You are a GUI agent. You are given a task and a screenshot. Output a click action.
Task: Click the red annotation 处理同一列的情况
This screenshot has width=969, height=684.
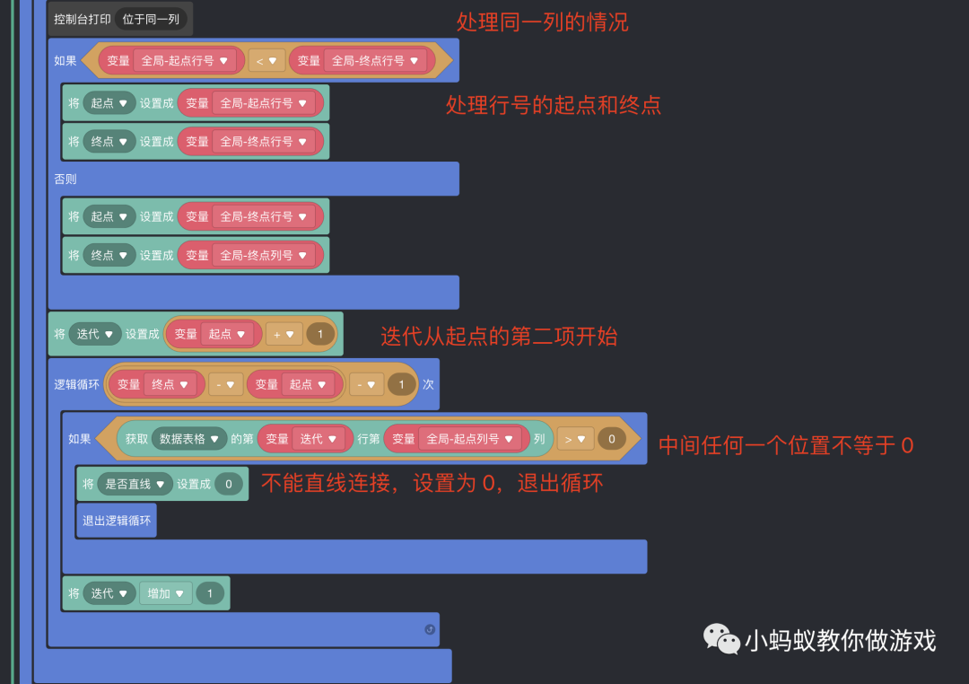point(542,22)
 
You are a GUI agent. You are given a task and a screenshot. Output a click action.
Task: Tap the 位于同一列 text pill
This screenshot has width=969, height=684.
point(151,19)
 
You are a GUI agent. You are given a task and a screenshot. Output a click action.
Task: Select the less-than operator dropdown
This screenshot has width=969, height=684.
point(266,61)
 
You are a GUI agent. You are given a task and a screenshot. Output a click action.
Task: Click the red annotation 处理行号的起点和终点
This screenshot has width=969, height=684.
point(553,105)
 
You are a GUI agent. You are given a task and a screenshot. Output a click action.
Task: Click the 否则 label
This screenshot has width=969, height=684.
point(65,179)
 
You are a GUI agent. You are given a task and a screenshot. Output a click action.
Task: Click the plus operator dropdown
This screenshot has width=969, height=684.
point(284,334)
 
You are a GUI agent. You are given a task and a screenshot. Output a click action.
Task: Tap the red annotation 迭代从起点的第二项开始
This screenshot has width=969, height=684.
point(499,337)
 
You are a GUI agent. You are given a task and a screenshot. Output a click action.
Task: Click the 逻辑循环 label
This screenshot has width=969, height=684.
point(76,384)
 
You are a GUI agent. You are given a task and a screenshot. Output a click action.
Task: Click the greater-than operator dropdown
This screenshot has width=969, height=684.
point(574,439)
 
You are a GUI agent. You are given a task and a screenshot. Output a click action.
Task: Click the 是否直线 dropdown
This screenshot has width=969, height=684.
point(135,484)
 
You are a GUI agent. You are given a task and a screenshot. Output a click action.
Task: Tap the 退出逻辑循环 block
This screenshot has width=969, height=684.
point(117,520)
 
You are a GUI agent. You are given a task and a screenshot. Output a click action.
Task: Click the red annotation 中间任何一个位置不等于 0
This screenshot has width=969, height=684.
point(785,445)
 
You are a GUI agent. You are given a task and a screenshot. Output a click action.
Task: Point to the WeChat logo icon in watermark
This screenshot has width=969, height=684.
point(721,638)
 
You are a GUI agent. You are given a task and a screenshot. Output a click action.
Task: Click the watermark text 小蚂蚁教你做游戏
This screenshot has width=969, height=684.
point(840,640)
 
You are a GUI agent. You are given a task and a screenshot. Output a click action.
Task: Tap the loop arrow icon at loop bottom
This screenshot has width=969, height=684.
point(430,629)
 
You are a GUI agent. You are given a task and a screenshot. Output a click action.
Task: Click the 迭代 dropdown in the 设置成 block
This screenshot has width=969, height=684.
point(95,334)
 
